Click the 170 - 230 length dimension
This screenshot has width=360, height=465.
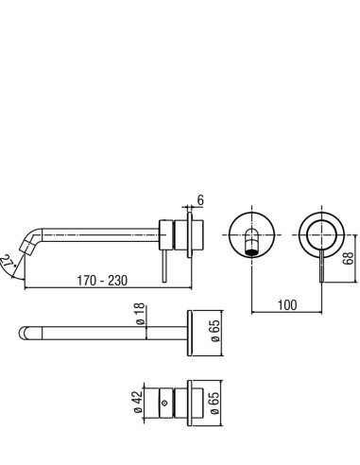coord(102,281)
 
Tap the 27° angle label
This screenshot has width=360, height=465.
coord(7,262)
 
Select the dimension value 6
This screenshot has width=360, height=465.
coord(200,200)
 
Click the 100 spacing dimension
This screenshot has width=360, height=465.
coord(287,305)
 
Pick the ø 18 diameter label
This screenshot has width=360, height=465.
coord(140,314)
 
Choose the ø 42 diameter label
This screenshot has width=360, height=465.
coord(138,403)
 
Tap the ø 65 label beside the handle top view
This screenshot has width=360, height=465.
coord(214,403)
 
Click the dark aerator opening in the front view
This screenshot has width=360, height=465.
coord(251,252)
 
